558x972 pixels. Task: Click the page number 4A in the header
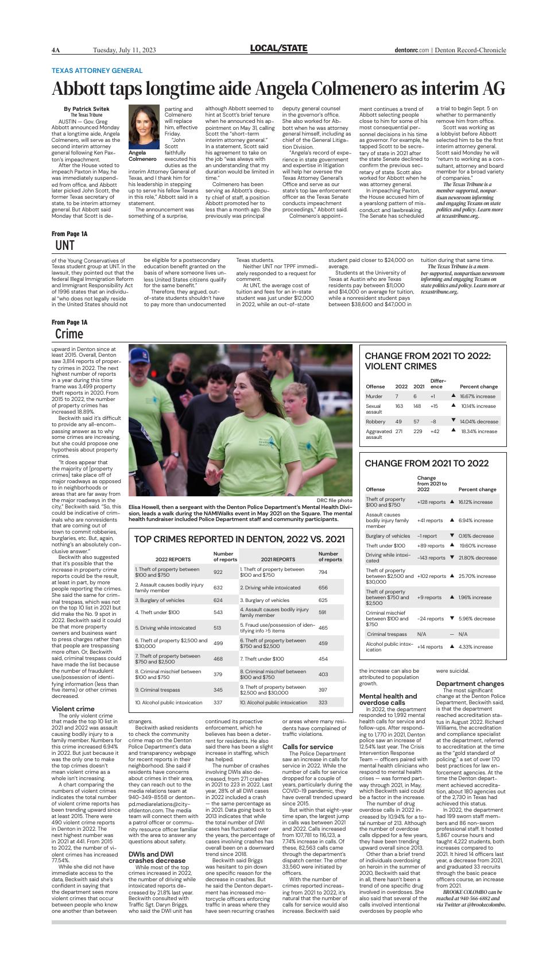56,50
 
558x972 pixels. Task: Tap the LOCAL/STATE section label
278,49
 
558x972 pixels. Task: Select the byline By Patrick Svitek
86,109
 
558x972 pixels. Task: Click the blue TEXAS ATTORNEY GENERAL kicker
97,71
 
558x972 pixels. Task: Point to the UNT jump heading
65,245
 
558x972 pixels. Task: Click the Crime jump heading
69,334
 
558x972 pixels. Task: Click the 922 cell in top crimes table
218,572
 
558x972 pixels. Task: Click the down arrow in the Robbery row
453,421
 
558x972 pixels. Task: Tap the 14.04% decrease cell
479,421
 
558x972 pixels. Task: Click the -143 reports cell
431,558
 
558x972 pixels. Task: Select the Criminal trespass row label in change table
387,634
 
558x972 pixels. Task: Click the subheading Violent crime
73,709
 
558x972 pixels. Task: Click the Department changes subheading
470,684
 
